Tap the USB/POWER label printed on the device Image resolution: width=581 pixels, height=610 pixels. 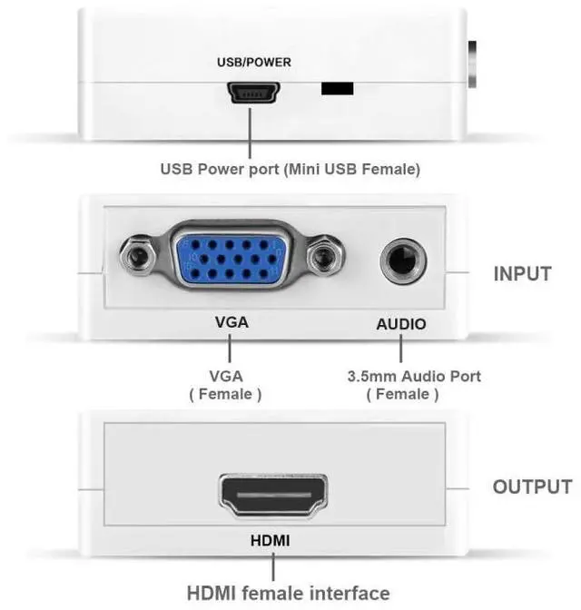pyautogui.click(x=254, y=63)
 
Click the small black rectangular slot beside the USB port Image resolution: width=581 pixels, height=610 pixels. pyautogui.click(x=338, y=89)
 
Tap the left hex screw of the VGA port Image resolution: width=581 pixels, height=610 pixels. pyautogui.click(x=139, y=259)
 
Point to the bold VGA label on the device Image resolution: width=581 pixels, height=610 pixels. pyautogui.click(x=231, y=323)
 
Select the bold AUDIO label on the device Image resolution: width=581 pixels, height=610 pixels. pyautogui.click(x=400, y=324)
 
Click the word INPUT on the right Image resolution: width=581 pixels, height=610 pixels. pyautogui.click(x=522, y=273)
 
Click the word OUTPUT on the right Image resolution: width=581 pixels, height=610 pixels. pyautogui.click(x=532, y=487)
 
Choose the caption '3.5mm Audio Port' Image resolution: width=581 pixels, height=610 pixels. pyautogui.click(x=414, y=376)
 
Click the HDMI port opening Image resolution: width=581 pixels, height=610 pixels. pyautogui.click(x=272, y=497)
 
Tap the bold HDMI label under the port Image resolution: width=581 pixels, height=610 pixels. pyautogui.click(x=271, y=541)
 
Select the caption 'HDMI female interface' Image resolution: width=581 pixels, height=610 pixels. pyautogui.click(x=288, y=593)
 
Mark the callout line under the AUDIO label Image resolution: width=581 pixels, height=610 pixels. pyautogui.click(x=400, y=349)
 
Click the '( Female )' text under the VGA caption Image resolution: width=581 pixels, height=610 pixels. pyautogui.click(x=226, y=395)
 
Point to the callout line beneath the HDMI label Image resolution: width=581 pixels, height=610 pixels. pyautogui.click(x=271, y=566)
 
